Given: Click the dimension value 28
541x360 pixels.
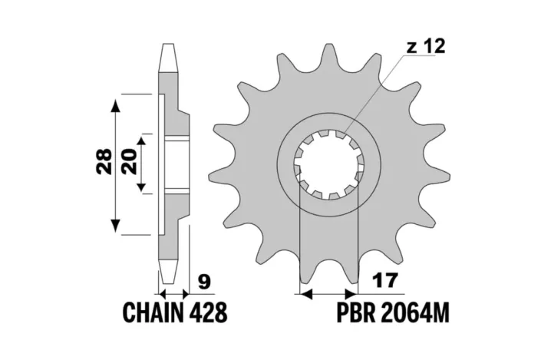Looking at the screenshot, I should point(101,163).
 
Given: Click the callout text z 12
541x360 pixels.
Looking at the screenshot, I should point(424,48).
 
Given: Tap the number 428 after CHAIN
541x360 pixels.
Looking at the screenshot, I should point(208,314).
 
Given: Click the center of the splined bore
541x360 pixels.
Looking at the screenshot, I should point(328,164).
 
